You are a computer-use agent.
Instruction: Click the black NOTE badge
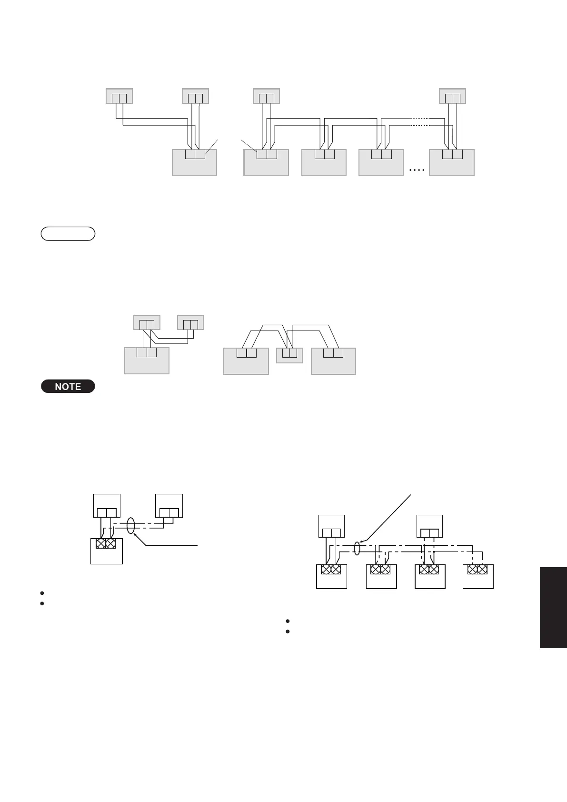(x=68, y=386)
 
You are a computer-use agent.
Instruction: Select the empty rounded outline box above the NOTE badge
(x=68, y=233)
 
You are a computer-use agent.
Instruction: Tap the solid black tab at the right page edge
(x=553, y=607)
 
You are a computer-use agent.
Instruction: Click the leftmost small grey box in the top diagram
(x=119, y=96)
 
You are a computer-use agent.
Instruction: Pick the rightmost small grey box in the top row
(x=452, y=96)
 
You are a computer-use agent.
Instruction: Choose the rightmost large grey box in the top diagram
(x=451, y=163)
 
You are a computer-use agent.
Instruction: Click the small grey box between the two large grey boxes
(x=289, y=355)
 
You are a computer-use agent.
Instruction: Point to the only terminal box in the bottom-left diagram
(x=106, y=551)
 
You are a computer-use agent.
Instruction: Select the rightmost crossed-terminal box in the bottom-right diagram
(x=478, y=577)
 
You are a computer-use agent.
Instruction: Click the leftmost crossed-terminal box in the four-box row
(x=331, y=577)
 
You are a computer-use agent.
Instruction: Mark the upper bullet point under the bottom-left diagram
(x=42, y=593)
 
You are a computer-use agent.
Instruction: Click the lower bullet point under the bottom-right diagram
(x=288, y=632)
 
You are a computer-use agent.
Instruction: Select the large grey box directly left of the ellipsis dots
(x=381, y=163)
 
